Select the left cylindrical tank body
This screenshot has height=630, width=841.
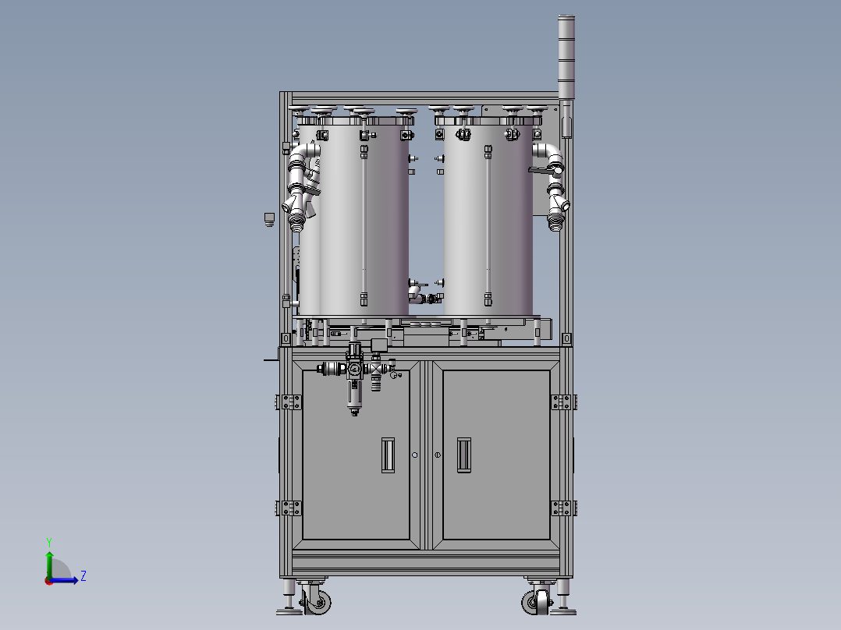pyautogui.click(x=364, y=218)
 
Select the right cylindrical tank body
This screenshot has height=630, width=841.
pyautogui.click(x=488, y=218)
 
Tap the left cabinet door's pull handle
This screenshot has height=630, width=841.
pyautogui.click(x=388, y=455)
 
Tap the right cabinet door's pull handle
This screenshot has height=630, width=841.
pyautogui.click(x=463, y=455)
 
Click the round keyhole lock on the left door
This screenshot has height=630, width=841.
pyautogui.click(x=415, y=455)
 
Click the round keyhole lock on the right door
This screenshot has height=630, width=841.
pyautogui.click(x=438, y=455)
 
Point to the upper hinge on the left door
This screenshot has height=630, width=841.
pyautogui.click(x=289, y=402)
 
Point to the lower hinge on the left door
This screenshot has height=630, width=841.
pyautogui.click(x=289, y=508)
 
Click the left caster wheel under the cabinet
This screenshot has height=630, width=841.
pyautogui.click(x=318, y=601)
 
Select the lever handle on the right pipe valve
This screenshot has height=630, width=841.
pyautogui.click(x=541, y=169)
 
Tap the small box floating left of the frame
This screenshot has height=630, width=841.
pyautogui.click(x=269, y=218)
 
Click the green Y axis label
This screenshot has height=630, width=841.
pyautogui.click(x=48, y=541)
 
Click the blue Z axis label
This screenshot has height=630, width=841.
pyautogui.click(x=83, y=576)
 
